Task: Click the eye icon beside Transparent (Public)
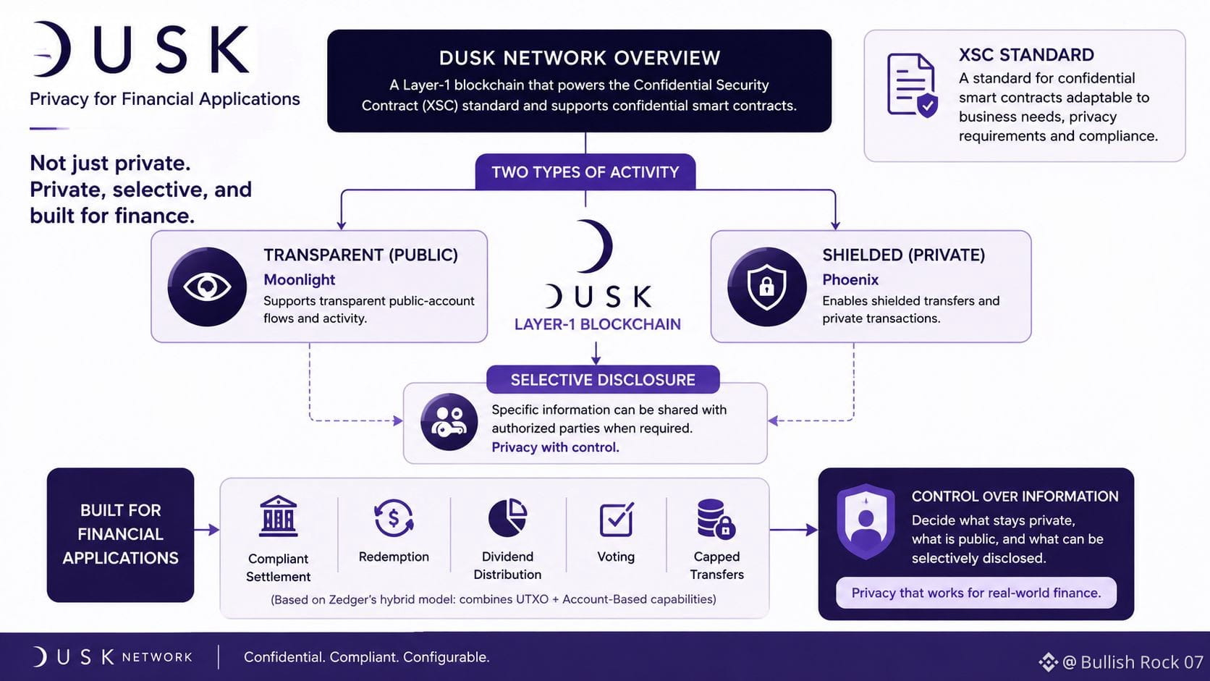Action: (207, 287)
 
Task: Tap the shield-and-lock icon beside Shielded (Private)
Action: (766, 287)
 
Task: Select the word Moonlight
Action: (300, 280)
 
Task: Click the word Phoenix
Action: (850, 280)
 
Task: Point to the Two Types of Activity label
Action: (585, 172)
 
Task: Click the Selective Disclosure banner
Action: (603, 380)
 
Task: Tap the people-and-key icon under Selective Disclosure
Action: (449, 422)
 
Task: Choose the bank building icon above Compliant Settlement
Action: (278, 516)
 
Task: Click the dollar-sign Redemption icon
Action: (394, 518)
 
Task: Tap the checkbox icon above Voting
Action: (617, 520)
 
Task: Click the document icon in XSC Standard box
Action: (912, 85)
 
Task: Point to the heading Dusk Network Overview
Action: (579, 58)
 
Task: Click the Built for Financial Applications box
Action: (120, 535)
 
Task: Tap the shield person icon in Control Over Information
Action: (866, 521)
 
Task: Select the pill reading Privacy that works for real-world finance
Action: (976, 593)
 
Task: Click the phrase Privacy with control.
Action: (555, 447)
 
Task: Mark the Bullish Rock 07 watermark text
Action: (1133, 662)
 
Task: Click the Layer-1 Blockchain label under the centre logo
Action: (598, 324)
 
